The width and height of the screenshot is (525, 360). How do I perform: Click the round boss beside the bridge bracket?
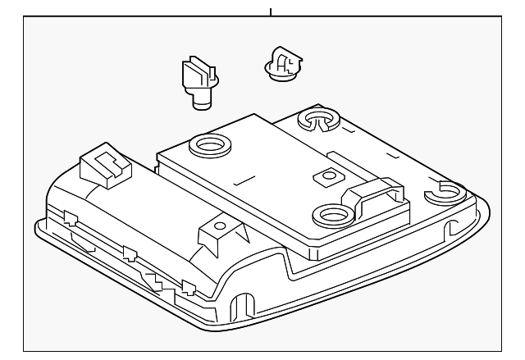[x=331, y=216]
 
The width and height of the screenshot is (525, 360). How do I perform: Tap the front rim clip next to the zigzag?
[x=187, y=286]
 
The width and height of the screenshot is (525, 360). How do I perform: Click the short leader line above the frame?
[x=269, y=11]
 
